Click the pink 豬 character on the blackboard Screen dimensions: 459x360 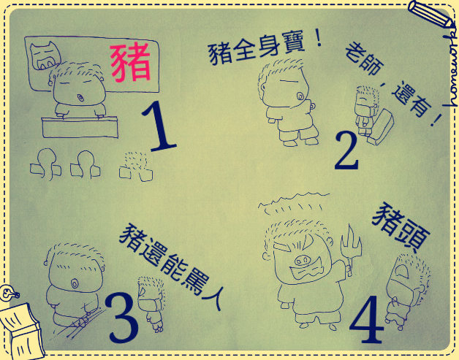131,62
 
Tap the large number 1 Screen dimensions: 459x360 159,126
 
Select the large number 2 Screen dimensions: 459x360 347,150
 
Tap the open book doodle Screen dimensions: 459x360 21,331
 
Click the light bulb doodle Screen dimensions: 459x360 8,293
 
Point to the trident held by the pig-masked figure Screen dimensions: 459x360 350,249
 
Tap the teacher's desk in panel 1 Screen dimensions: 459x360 80,127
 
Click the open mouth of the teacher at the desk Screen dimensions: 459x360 80,97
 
